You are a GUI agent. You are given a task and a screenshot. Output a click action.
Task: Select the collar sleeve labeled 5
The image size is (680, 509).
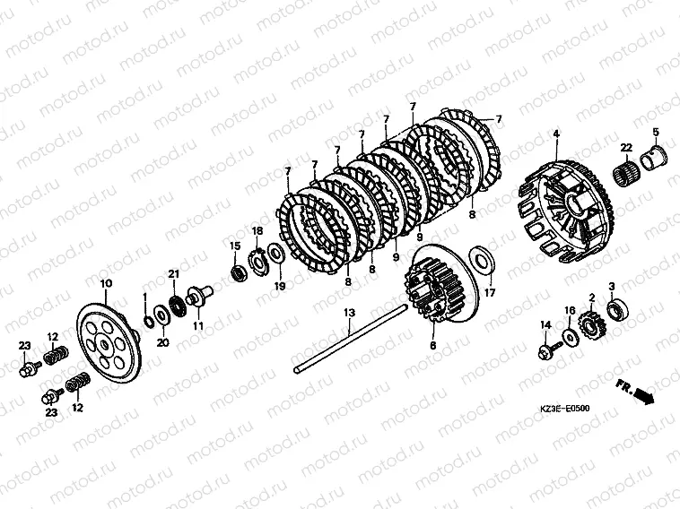coord(656,159)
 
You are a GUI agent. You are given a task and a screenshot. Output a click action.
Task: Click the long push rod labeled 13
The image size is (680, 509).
coord(352,339)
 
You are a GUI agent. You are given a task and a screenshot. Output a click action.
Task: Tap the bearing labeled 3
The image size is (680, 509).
coord(617,309)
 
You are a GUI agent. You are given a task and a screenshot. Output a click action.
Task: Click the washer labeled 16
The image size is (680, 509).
coord(570,336)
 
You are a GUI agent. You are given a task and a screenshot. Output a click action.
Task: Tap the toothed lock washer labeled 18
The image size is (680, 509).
coord(258,262)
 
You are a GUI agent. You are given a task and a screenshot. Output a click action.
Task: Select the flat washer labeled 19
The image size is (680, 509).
coord(275,254)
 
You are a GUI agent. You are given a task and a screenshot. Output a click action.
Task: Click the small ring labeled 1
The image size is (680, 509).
coord(148,323)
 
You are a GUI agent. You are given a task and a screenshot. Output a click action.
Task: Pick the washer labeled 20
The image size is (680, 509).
coord(161,315)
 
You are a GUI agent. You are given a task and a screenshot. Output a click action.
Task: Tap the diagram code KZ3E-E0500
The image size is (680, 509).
coord(564,408)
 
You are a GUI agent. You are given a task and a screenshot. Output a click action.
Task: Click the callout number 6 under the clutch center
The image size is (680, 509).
coord(432,345)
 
